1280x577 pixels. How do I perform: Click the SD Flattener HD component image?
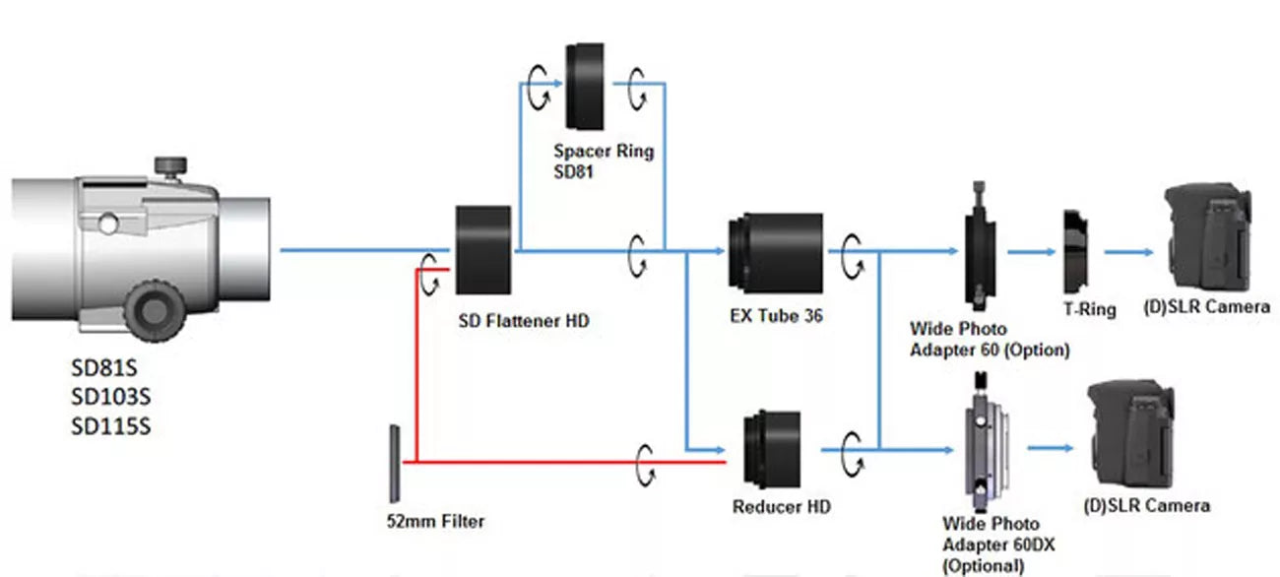(x=483, y=250)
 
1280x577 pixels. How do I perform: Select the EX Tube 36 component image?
(x=775, y=252)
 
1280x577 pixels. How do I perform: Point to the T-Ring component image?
(x=1074, y=252)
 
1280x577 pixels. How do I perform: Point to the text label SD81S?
(x=104, y=370)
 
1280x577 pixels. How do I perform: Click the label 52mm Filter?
(x=435, y=520)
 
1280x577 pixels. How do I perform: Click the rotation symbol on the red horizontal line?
(x=645, y=461)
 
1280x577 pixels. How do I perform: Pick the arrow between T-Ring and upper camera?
(x=1128, y=252)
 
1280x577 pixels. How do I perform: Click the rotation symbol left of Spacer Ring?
(x=539, y=90)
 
